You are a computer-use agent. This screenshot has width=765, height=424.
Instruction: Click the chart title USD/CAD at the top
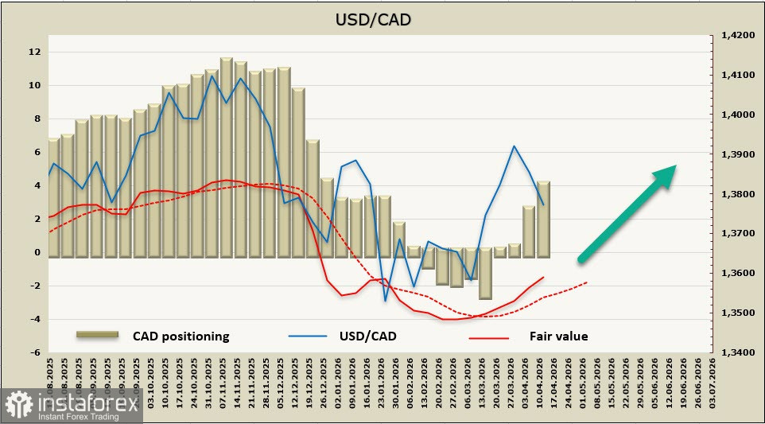[383, 19]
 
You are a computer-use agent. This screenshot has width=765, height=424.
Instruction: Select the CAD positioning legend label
[181, 336]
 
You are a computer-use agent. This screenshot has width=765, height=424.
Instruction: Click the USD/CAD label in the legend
[367, 336]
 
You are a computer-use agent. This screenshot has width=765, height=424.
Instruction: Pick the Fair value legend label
[558, 336]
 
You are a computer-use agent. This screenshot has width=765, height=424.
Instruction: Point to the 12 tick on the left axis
[33, 52]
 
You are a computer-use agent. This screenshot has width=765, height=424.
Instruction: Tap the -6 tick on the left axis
[36, 352]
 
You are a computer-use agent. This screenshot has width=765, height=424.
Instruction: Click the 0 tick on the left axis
[37, 252]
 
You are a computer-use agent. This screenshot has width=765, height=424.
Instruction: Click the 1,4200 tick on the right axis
[737, 35]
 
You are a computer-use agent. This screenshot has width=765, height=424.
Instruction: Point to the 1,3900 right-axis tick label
[737, 154]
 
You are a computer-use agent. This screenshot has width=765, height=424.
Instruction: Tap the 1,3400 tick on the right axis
[737, 352]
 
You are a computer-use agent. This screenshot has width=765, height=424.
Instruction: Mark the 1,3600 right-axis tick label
[737, 273]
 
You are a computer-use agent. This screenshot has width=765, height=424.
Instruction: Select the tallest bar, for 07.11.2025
[226, 158]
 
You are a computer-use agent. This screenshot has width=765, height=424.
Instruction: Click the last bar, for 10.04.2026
[543, 219]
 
